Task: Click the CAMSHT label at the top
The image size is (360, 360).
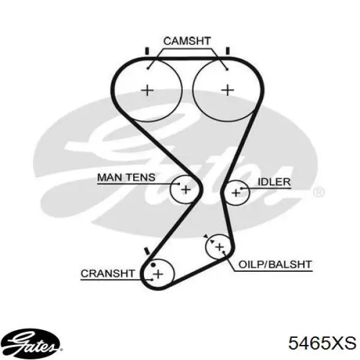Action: point(187,41)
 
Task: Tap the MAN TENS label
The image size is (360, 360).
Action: point(126,178)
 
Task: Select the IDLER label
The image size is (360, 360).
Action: point(274,182)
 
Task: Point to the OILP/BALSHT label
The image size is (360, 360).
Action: point(275,264)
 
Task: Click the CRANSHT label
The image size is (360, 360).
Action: point(107,274)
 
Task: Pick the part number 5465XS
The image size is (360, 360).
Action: point(322,343)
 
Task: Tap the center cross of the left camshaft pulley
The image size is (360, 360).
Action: point(147,90)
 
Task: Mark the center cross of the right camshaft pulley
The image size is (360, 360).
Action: point(227,90)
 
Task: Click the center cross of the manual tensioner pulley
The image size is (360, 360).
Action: point(186,190)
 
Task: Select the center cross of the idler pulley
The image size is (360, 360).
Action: point(236,193)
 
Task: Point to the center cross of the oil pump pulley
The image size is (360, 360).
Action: point(220,247)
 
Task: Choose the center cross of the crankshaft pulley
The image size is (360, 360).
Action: point(158,274)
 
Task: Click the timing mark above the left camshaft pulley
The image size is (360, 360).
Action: point(147,51)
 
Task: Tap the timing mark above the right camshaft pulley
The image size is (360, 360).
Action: point(227,51)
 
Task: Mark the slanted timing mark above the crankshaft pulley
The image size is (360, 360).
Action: point(147,251)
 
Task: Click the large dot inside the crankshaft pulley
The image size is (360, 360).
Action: point(153,265)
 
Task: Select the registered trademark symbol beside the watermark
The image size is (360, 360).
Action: point(319,192)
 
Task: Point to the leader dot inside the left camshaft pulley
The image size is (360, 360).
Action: point(148,68)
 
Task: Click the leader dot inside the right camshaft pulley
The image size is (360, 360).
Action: point(227,69)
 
